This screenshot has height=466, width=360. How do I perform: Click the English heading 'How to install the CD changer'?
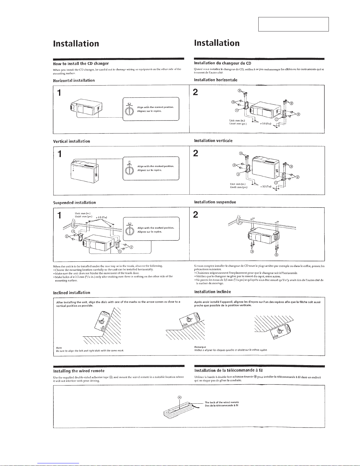[81, 64]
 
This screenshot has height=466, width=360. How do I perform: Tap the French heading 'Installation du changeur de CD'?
[222, 63]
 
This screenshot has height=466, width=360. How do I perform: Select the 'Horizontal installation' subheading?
[74, 80]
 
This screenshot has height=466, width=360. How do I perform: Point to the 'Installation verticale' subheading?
[213, 141]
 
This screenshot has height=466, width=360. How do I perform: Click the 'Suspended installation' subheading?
[74, 203]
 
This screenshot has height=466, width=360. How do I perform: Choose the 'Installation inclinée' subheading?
[212, 292]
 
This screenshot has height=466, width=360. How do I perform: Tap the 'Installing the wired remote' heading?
[79, 371]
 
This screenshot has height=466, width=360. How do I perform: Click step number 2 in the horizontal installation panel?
[196, 92]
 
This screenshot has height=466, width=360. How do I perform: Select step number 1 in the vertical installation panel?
[60, 154]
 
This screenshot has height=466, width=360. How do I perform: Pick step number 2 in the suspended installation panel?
[196, 215]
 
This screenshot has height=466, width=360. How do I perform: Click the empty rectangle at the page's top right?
[293, 24]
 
